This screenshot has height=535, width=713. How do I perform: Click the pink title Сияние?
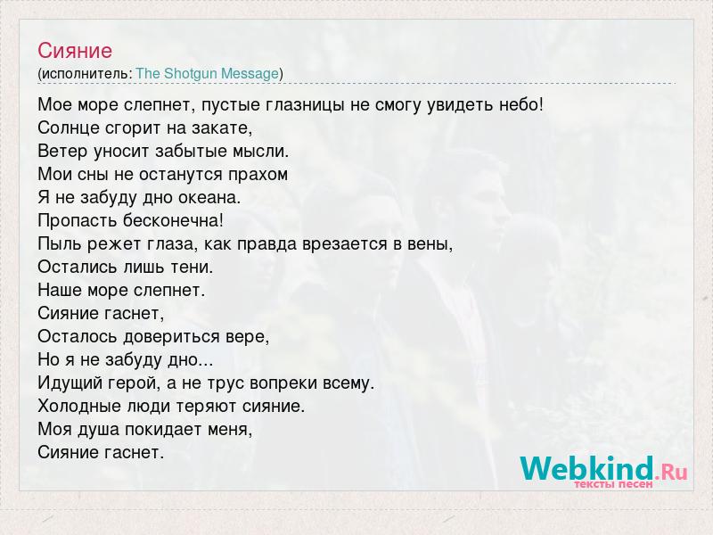(x=75, y=51)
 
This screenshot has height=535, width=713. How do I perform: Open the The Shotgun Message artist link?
(x=208, y=73)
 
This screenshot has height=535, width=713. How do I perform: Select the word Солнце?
(x=69, y=128)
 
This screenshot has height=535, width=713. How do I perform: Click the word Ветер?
(x=62, y=151)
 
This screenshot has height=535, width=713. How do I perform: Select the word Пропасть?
(x=78, y=220)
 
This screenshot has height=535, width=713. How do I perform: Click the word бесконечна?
(x=173, y=220)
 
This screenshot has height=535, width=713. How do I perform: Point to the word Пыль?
(x=60, y=243)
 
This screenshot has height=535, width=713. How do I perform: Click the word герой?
(x=135, y=383)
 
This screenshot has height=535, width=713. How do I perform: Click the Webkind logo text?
(x=604, y=469)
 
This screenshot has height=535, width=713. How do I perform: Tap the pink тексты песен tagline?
(x=613, y=484)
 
